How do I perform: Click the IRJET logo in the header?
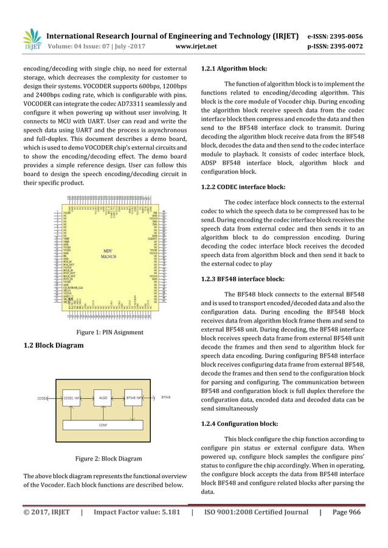32,38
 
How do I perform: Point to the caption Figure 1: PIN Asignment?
109,332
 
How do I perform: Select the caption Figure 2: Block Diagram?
108,459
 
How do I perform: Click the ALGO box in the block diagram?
105,399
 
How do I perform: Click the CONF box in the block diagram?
104,425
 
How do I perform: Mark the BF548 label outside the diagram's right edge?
165,398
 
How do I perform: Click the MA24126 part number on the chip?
108,255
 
